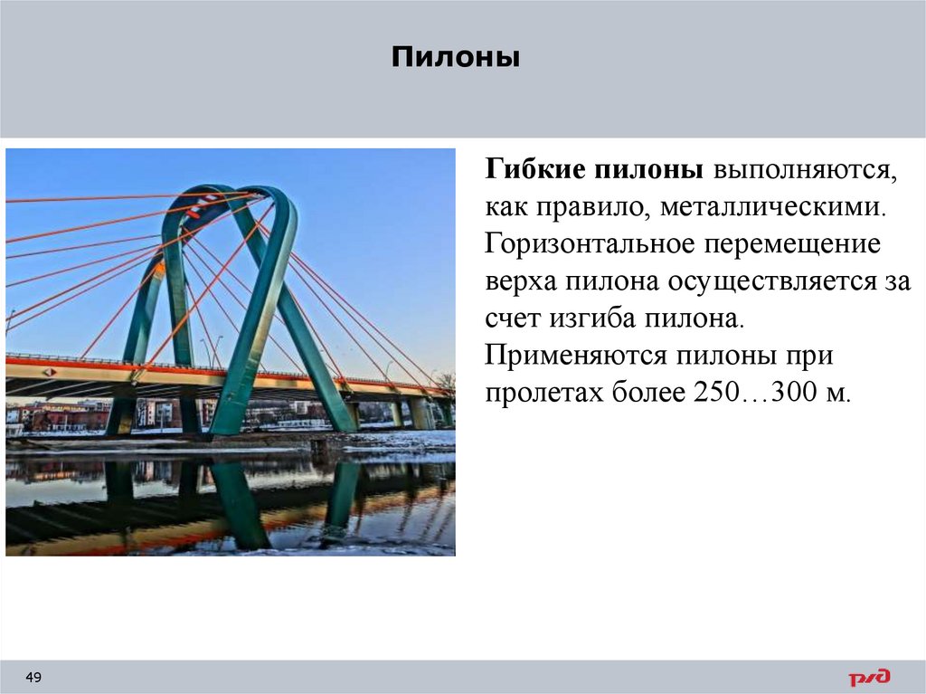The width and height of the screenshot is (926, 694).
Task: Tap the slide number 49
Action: point(34,678)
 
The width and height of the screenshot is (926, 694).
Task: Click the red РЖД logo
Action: point(868,678)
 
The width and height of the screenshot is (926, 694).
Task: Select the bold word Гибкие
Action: point(534,169)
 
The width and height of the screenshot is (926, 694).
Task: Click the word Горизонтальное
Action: point(579,244)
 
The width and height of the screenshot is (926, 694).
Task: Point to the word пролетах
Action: point(539,394)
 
